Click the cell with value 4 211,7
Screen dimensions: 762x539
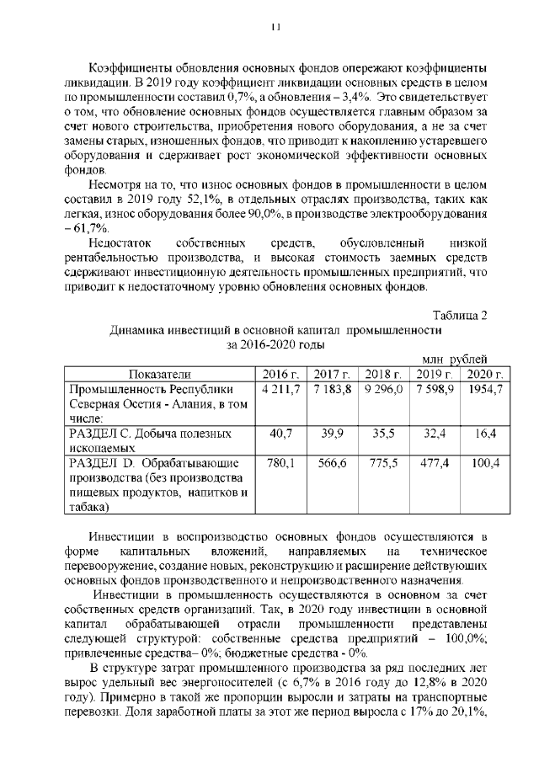coord(281,389)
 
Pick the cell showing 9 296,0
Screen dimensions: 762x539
coord(383,389)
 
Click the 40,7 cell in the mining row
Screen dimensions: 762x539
coord(280,434)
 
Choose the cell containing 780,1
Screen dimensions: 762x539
coord(280,463)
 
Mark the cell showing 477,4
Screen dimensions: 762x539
coord(435,463)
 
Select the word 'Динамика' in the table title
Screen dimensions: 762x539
coord(141,330)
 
